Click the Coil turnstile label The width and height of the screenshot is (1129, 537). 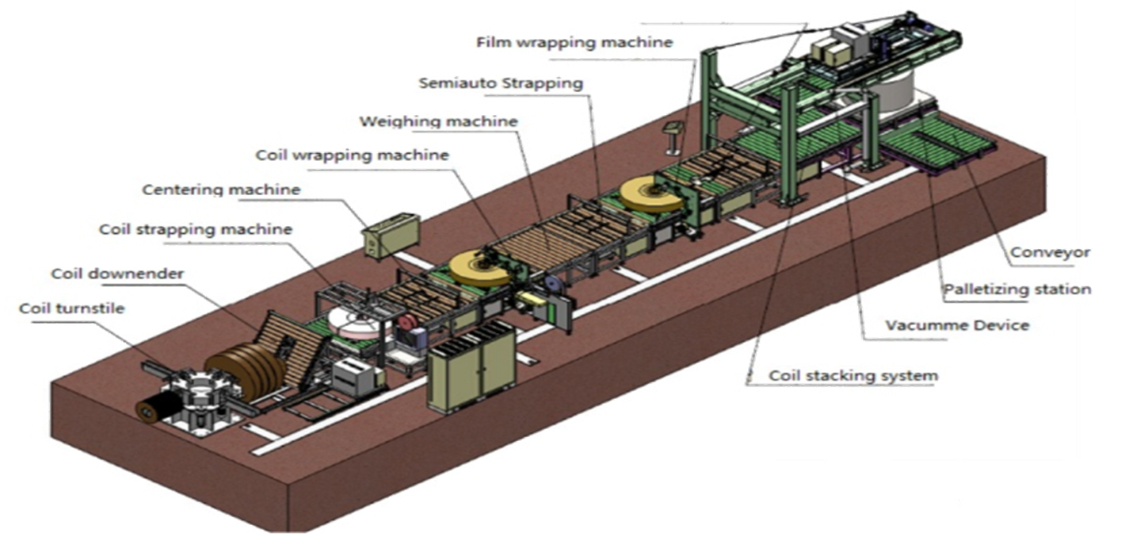pos(72,308)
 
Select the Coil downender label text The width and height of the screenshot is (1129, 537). pos(117,274)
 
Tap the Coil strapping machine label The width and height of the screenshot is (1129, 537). pos(196,229)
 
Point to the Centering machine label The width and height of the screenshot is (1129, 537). pos(221,190)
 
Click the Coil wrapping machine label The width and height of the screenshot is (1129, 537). pos(352,155)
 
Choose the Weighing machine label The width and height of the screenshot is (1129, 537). pos(438,121)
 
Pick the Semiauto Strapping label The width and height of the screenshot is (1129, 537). pos(501,82)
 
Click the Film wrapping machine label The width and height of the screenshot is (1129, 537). pos(574,42)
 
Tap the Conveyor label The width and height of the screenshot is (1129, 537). pos(1051,253)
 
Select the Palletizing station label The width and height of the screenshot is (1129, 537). pos(1016,289)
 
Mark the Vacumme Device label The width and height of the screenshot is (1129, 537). pos(956,325)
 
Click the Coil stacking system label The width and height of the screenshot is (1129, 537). pos(853,375)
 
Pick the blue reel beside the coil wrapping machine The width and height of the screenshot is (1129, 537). pos(552,284)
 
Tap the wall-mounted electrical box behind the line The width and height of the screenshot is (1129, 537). pos(388,233)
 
